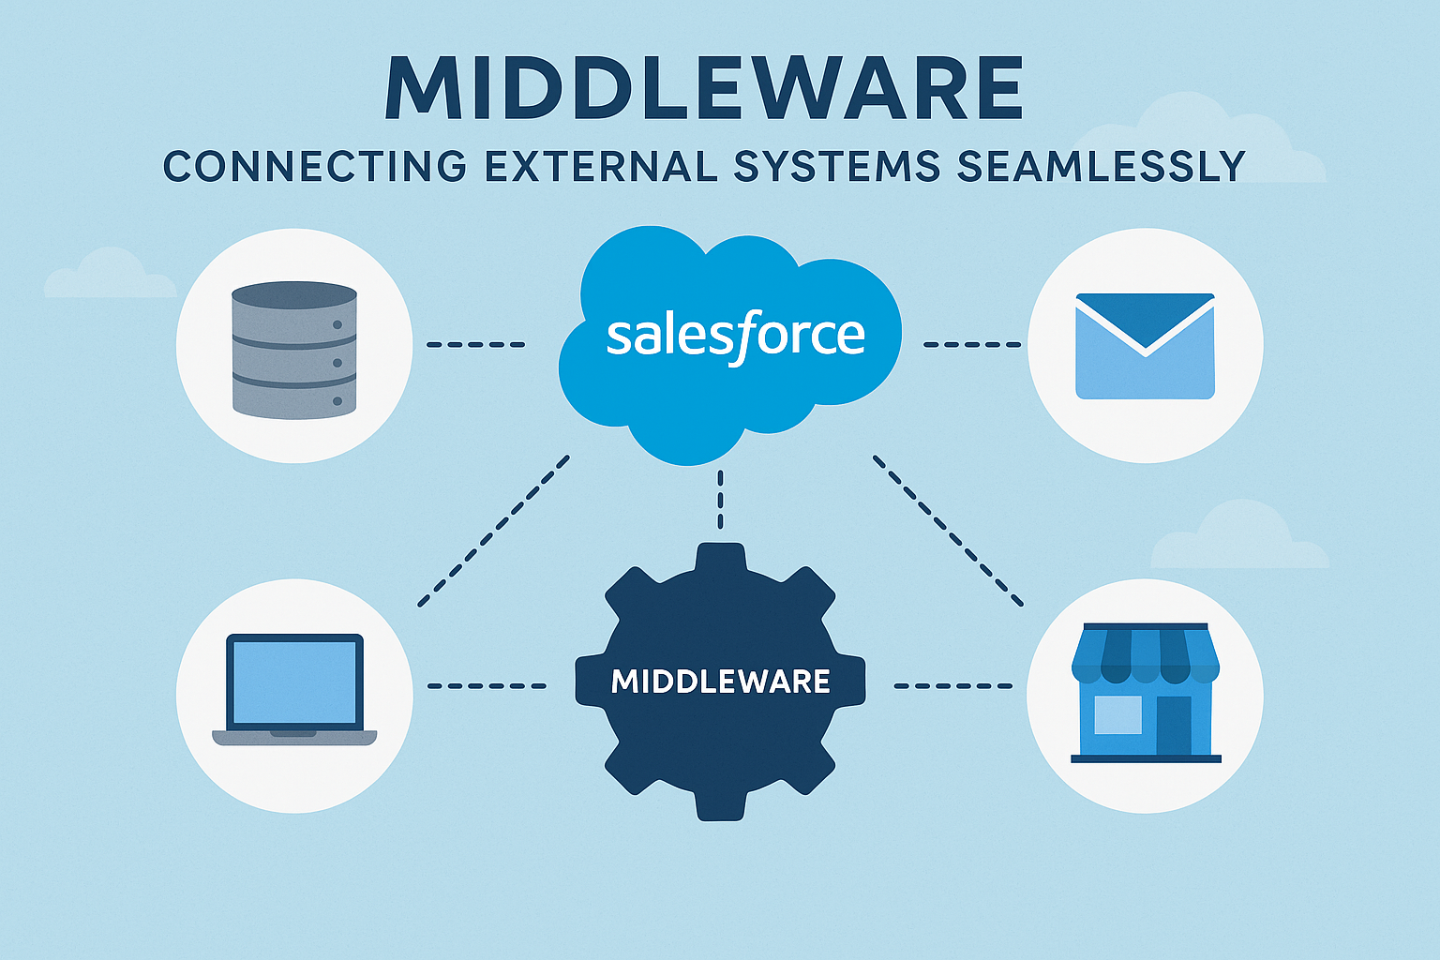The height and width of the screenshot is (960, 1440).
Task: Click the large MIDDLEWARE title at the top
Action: [x=703, y=88]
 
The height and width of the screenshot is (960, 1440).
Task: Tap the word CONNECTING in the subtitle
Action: [x=315, y=167]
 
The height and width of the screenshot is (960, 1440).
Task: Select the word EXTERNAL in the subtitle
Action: [x=603, y=167]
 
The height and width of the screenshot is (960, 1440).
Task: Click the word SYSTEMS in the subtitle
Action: [x=837, y=167]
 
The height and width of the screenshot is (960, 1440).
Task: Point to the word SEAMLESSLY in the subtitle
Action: [x=1102, y=167]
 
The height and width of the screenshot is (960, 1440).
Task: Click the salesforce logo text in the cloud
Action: [x=735, y=336]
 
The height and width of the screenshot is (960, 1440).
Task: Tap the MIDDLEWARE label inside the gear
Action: [x=720, y=681]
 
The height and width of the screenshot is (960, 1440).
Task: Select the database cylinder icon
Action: [x=294, y=349]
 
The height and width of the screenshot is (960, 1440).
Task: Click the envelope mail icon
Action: [x=1145, y=346]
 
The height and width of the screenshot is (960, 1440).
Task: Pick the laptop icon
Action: [x=294, y=690]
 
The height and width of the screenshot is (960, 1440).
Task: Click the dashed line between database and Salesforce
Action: [x=476, y=345]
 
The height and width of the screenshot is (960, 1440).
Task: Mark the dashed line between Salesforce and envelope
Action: [x=971, y=345]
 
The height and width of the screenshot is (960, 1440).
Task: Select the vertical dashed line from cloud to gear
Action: [x=720, y=499]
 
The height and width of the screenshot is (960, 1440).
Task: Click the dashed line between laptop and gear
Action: [x=487, y=686]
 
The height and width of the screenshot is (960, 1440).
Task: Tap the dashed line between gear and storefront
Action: [x=952, y=686]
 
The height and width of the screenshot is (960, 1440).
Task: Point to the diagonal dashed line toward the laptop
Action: [x=493, y=531]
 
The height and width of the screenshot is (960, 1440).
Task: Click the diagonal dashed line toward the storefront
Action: [x=947, y=531]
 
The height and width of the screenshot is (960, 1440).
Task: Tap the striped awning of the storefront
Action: [x=1146, y=652]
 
